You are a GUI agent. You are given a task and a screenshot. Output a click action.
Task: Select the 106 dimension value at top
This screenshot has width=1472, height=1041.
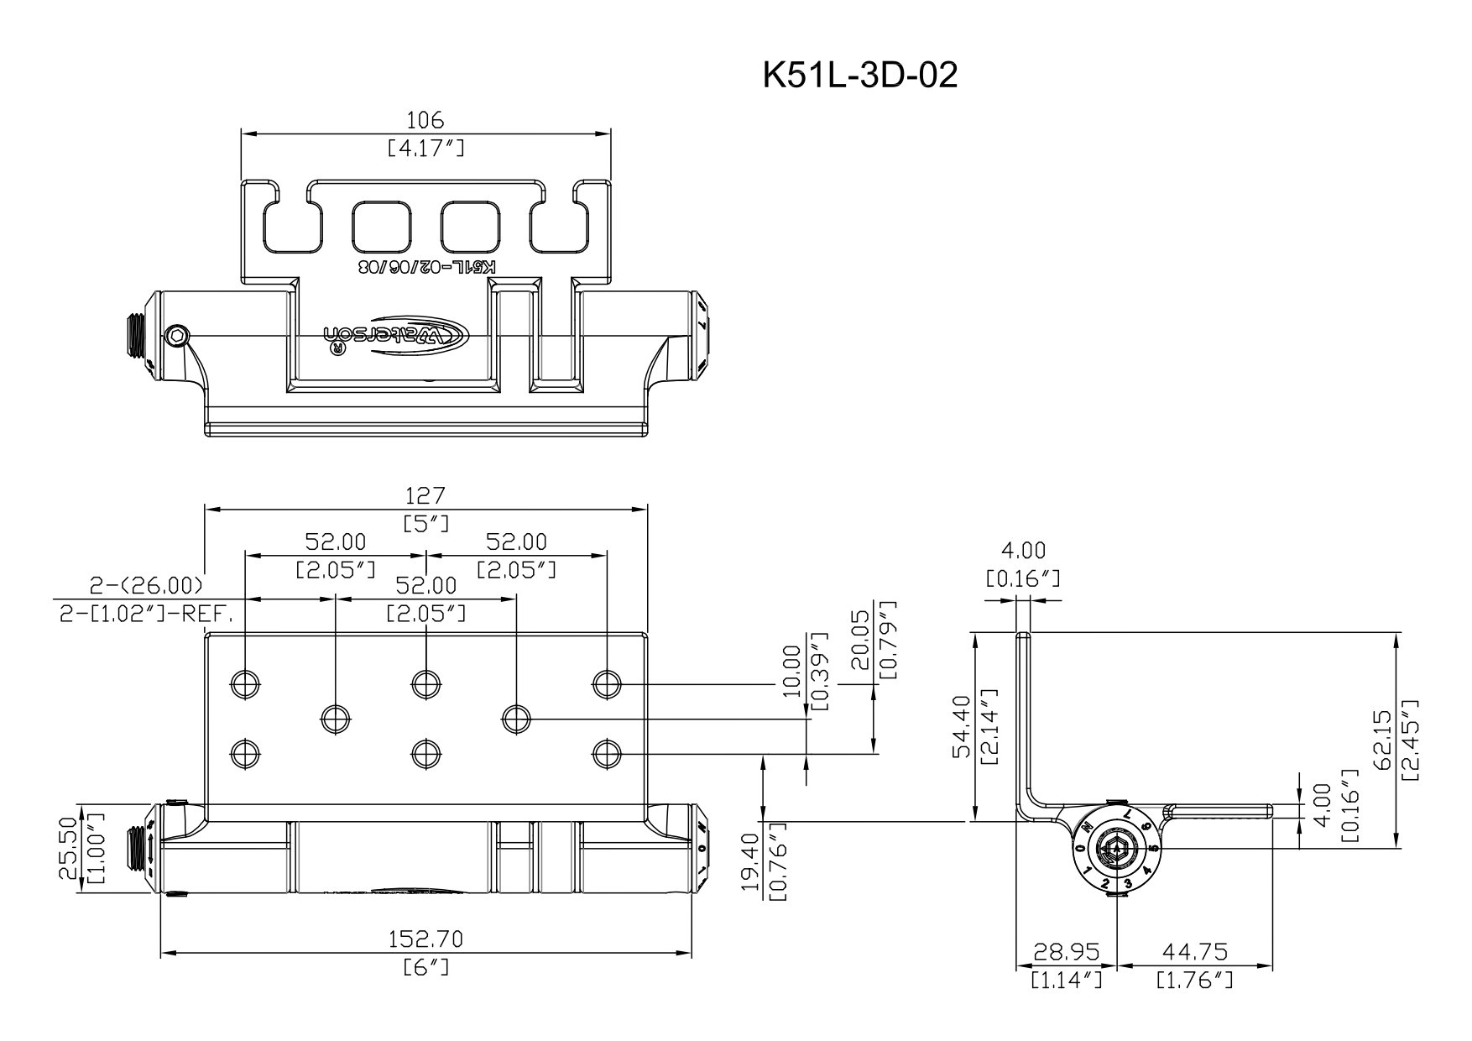click(425, 120)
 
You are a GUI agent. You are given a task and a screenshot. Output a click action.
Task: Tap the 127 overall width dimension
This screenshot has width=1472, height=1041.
click(425, 495)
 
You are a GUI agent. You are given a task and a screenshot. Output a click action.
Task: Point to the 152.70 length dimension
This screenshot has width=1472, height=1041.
click(425, 938)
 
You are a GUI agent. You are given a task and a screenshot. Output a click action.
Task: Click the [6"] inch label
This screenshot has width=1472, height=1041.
click(425, 967)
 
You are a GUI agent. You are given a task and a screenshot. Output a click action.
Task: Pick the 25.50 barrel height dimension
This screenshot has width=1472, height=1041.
click(70, 850)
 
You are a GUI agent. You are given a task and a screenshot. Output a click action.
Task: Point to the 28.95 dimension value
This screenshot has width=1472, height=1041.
click(1066, 951)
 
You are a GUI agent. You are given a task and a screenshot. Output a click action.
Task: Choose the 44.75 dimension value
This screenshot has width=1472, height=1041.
click(1194, 951)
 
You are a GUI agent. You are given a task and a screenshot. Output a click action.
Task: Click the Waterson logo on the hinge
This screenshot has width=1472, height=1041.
click(398, 335)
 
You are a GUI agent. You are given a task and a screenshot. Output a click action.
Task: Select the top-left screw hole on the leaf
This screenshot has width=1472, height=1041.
click(244, 685)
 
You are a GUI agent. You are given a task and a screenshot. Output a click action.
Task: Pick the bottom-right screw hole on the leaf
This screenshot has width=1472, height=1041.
click(606, 753)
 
